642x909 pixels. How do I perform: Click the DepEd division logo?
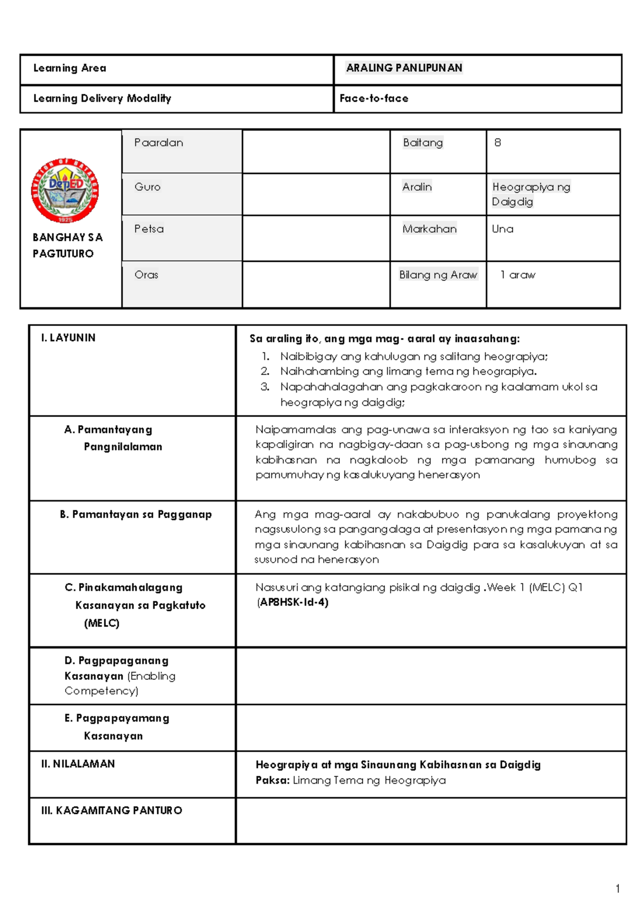64,191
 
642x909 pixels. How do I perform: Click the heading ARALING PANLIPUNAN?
404,68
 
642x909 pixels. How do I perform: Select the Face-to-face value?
373,99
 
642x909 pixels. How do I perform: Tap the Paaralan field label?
158,143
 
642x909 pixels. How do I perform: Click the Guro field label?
147,187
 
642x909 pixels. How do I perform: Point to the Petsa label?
149,229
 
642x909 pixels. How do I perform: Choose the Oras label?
146,275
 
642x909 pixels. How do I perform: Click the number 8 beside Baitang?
498,143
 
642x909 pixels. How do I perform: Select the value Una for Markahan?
502,229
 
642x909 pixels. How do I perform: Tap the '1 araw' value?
517,275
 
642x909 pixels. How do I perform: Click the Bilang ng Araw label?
438,275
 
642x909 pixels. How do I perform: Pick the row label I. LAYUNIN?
68,338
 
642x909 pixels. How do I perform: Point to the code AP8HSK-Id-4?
293,602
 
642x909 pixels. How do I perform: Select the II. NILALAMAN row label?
78,764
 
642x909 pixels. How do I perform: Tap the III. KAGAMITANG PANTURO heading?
111,810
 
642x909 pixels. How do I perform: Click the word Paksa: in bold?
272,781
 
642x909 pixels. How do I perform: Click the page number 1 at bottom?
617,889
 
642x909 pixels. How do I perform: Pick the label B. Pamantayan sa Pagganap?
135,514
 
